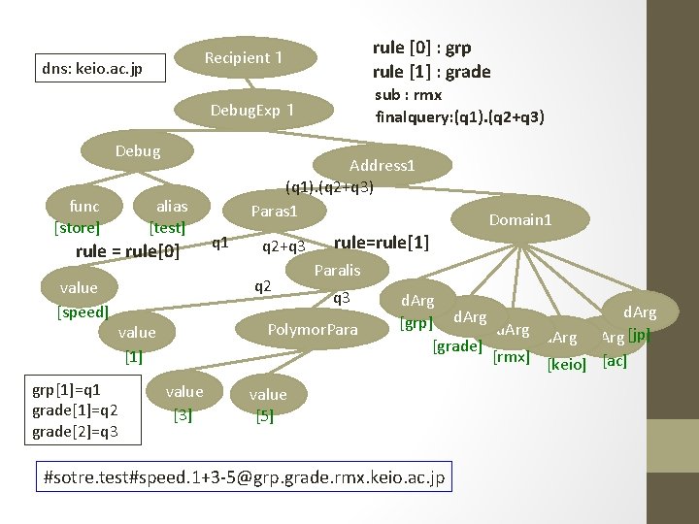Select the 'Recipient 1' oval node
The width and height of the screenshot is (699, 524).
(x=244, y=58)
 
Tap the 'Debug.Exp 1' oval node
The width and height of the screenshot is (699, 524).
(x=252, y=110)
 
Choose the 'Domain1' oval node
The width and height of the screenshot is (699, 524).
(x=519, y=220)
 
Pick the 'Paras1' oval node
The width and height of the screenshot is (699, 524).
(x=274, y=211)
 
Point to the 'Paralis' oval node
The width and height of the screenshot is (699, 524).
(x=338, y=270)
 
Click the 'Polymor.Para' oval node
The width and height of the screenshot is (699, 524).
(x=314, y=330)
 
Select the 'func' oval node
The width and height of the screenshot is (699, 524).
(x=84, y=206)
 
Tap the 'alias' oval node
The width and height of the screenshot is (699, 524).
(x=172, y=206)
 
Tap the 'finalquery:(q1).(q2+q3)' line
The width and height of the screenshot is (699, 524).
(x=459, y=116)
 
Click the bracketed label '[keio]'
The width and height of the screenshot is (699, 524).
(x=568, y=365)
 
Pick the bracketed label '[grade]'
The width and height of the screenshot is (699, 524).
(x=456, y=345)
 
